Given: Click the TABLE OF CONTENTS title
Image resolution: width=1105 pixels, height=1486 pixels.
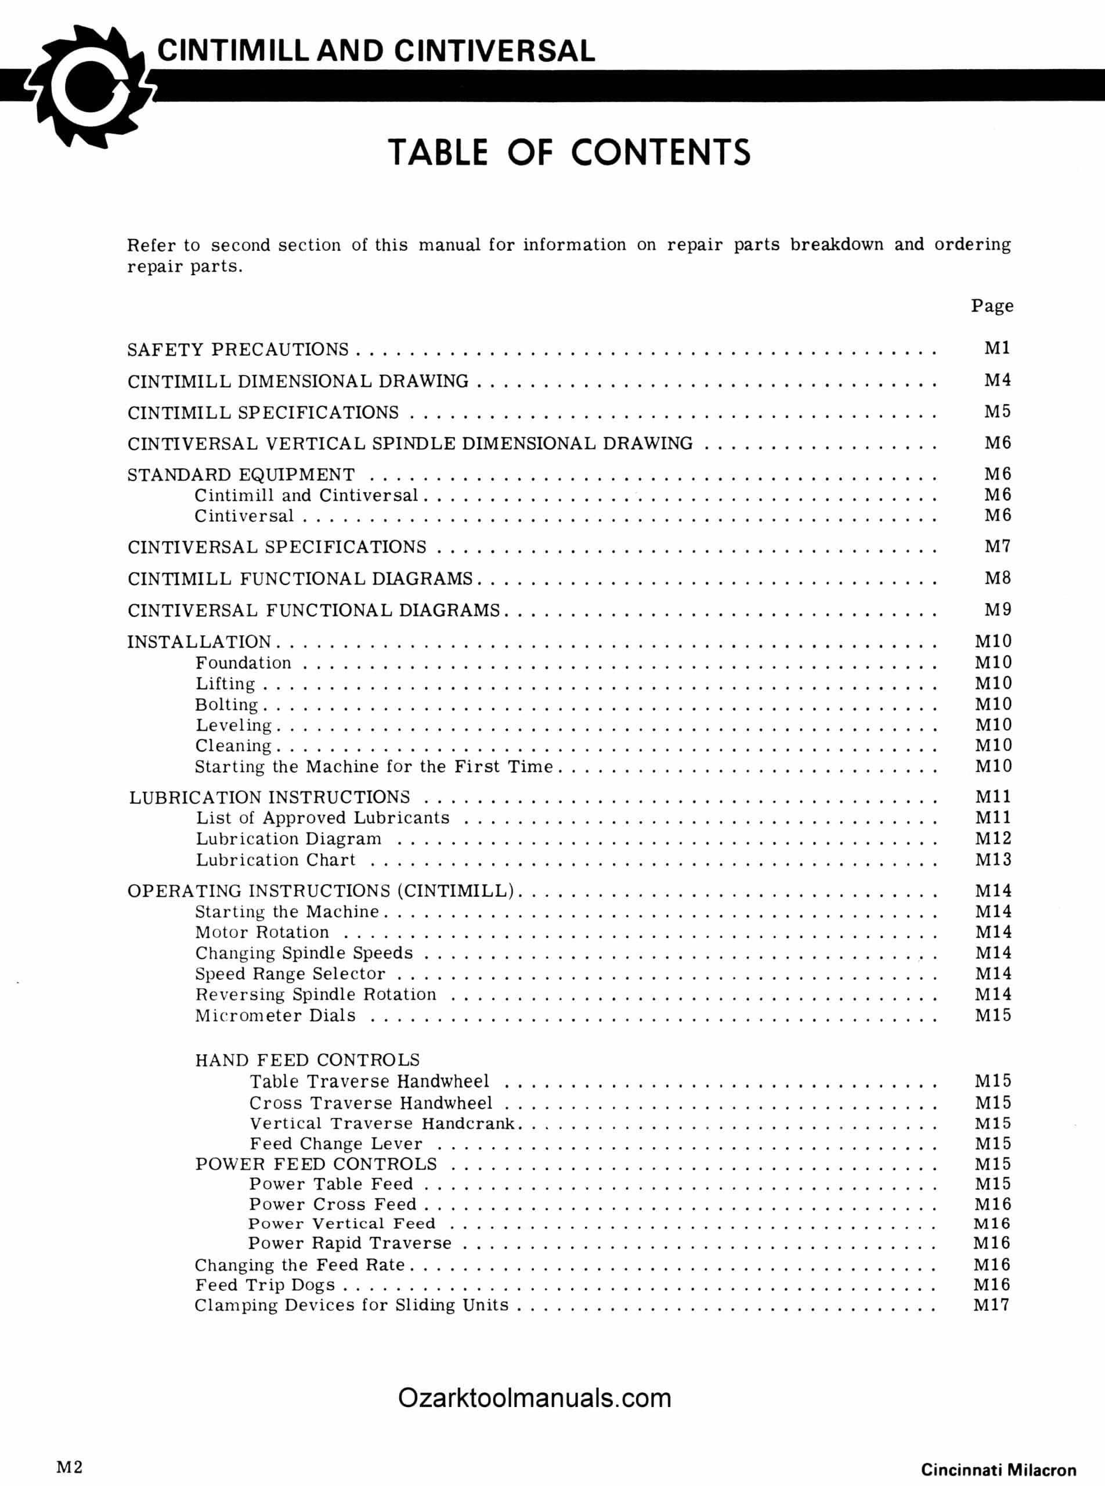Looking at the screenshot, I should (x=569, y=153).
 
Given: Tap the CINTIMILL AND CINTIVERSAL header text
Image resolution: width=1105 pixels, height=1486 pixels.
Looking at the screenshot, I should (x=376, y=51).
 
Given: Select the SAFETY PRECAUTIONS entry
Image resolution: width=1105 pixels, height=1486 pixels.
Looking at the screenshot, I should (x=238, y=349).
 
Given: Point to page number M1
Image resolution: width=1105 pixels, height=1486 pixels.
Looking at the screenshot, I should (x=996, y=348).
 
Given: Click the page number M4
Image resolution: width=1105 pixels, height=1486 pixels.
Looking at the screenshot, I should (x=996, y=380).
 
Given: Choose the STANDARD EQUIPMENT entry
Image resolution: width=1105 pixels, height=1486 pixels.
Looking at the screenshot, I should (x=241, y=474).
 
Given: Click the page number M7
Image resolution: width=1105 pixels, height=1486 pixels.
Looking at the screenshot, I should (x=996, y=547).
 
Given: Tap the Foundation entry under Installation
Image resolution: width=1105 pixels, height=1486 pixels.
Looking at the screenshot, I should (x=244, y=662).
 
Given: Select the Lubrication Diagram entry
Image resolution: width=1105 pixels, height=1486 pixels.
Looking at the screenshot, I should (x=288, y=838).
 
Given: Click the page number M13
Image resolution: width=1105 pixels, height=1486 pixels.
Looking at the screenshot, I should (x=992, y=859).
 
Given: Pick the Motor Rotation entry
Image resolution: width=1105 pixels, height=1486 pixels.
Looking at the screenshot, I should (x=262, y=932).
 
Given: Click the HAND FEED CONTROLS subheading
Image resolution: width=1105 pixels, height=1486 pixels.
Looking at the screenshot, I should (x=307, y=1060).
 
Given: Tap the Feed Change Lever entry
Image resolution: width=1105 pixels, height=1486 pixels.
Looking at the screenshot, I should (x=336, y=1144).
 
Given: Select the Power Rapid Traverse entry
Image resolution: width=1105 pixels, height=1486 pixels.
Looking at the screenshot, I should (x=350, y=1242).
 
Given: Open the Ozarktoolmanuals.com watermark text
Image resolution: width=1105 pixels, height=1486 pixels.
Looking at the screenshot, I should (x=535, y=1398).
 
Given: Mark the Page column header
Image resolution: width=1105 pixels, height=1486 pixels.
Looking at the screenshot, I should (x=992, y=306).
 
